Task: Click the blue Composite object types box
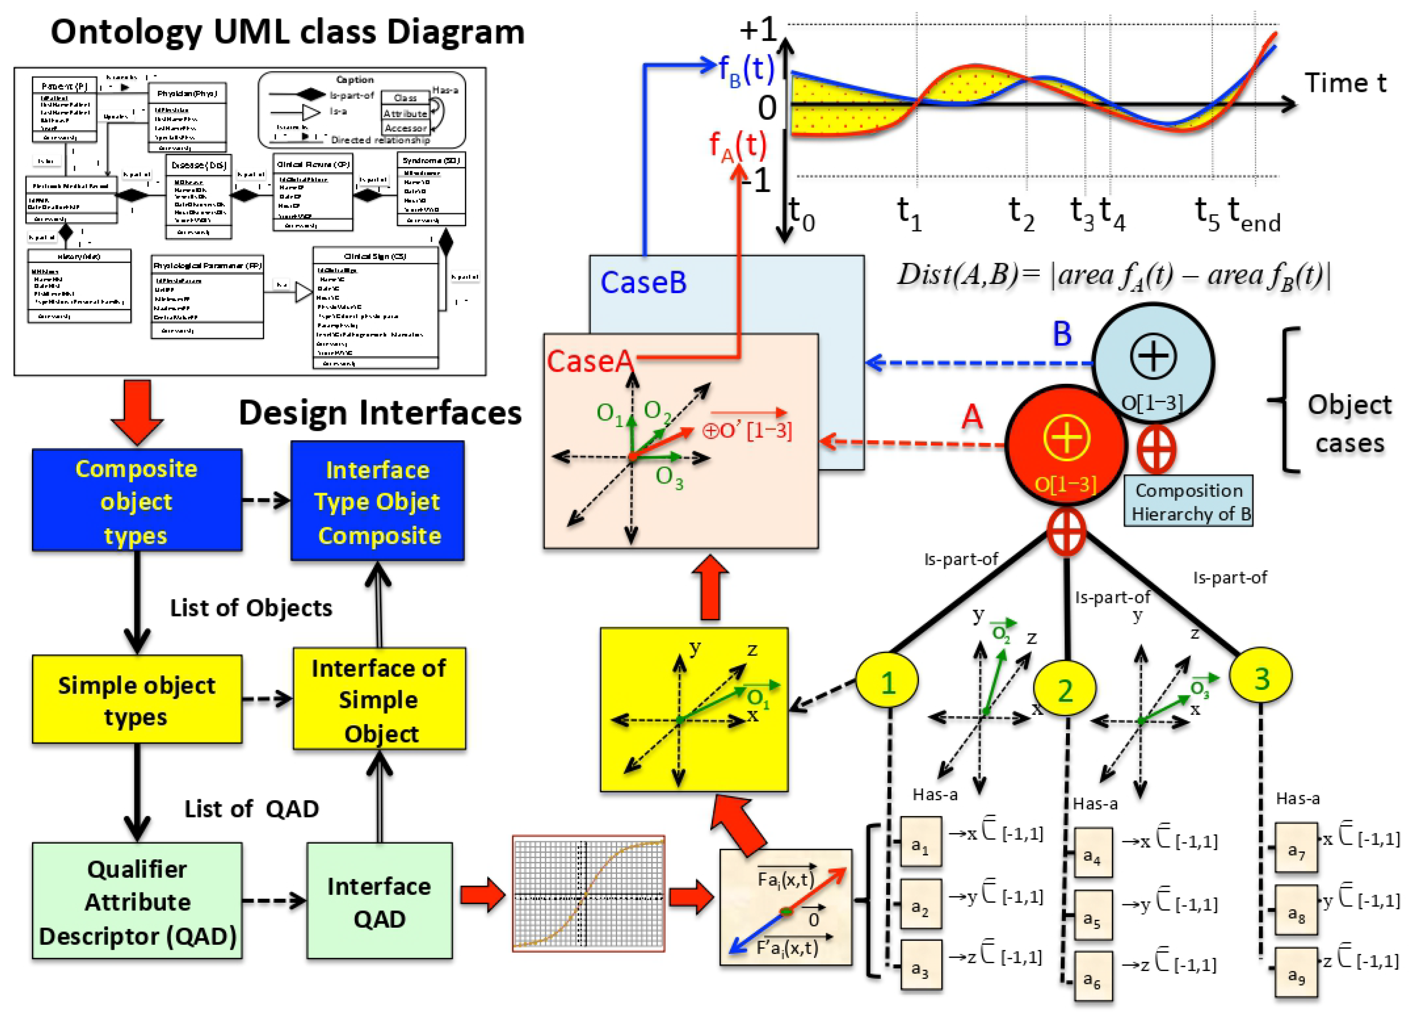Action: coord(137,500)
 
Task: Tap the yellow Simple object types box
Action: coord(137,699)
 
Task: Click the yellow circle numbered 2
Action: coord(1065,690)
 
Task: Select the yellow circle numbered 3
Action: coord(1261,677)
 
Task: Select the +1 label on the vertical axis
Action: coord(758,29)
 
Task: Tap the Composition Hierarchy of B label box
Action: coord(1188,501)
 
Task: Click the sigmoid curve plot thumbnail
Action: coord(588,894)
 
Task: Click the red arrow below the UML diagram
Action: coord(137,411)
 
